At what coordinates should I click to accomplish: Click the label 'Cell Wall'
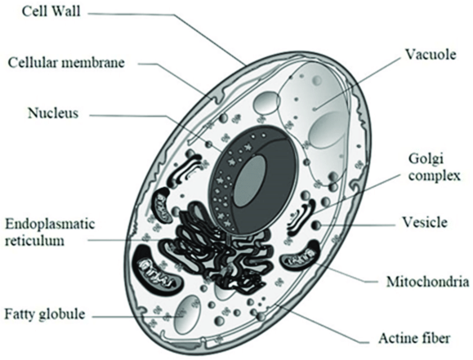click(51, 11)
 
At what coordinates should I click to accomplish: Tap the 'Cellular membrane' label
click(66, 63)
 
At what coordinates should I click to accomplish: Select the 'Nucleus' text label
click(53, 113)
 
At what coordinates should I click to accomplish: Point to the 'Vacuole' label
click(431, 55)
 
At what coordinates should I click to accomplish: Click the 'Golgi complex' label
click(435, 167)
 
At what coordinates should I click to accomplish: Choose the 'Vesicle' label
click(425, 222)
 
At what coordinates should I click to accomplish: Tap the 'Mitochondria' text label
click(428, 282)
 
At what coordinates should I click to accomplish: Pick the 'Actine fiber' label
click(414, 338)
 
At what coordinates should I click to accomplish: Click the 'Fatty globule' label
click(45, 313)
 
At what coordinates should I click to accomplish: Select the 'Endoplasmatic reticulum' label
click(50, 232)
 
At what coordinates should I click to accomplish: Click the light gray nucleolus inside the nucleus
click(250, 181)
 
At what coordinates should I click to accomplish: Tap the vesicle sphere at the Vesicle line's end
click(317, 225)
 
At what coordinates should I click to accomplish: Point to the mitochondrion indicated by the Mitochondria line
click(301, 256)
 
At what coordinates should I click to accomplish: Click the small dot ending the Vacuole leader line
click(315, 109)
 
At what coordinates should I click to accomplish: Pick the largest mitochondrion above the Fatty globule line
click(158, 269)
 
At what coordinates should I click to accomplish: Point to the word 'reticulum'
click(35, 240)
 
